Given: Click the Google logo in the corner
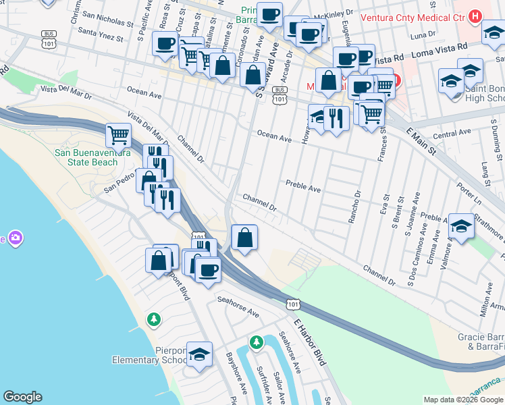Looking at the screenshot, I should pos(22,397).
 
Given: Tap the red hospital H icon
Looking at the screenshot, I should pos(476,16).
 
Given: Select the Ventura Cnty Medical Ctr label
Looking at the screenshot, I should pos(415,16).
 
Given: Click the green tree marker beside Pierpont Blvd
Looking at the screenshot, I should pos(155,318).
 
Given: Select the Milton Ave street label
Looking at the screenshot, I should pos(485,304).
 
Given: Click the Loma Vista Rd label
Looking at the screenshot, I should pos(440,48).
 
